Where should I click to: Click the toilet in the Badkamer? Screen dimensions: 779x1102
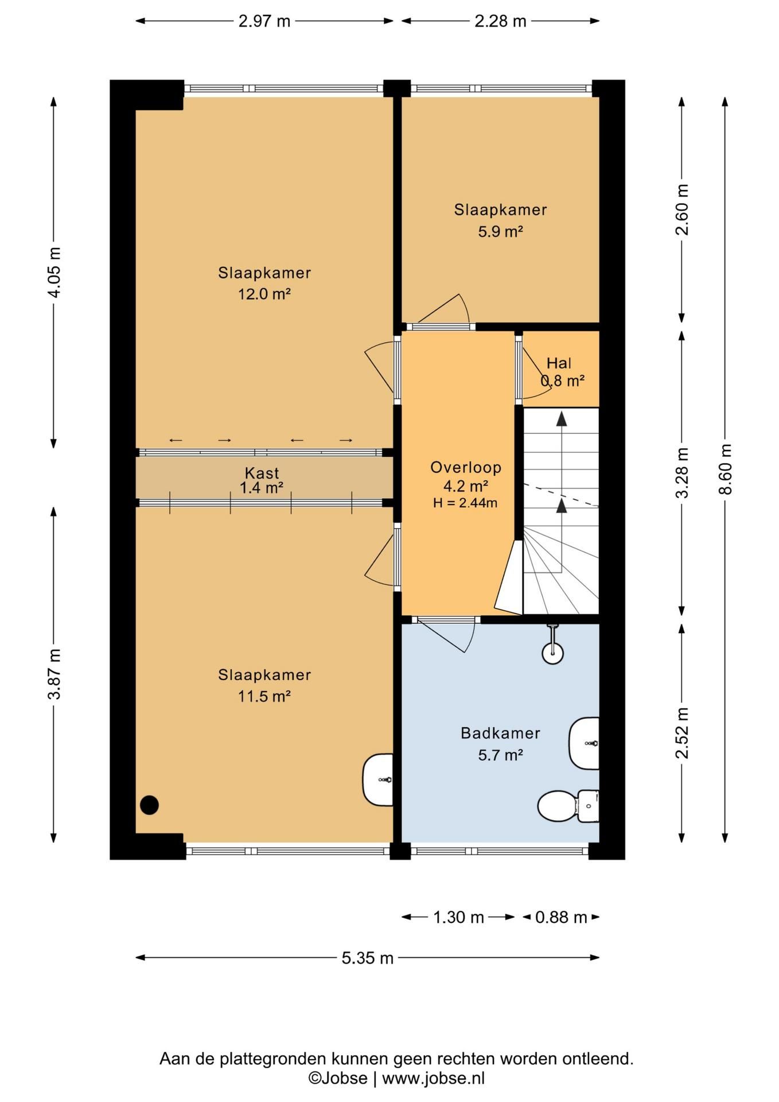pyautogui.click(x=568, y=806)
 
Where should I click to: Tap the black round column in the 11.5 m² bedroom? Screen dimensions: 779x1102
pyautogui.click(x=149, y=805)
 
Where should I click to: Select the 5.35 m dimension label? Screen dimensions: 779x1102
pyautogui.click(x=368, y=958)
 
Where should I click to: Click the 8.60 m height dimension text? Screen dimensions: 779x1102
pyautogui.click(x=725, y=469)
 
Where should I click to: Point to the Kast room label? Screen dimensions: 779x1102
pyautogui.click(x=262, y=473)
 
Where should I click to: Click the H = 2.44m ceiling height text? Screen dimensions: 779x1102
pyautogui.click(x=465, y=503)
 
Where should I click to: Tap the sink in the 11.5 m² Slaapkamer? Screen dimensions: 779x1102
pyautogui.click(x=378, y=779)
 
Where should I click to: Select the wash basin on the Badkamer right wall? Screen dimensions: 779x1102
pyautogui.click(x=584, y=743)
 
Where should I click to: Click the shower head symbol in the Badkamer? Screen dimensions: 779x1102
pyautogui.click(x=553, y=645)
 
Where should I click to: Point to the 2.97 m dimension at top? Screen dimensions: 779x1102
pyautogui.click(x=264, y=21)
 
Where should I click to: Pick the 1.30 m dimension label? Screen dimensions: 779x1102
pyautogui.click(x=458, y=917)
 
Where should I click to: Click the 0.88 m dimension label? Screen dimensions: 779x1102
pyautogui.click(x=561, y=917)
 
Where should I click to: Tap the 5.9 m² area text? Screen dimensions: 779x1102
pyautogui.click(x=500, y=231)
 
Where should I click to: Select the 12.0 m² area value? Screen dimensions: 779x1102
pyautogui.click(x=264, y=294)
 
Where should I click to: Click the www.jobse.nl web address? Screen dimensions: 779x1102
pyautogui.click(x=433, y=1078)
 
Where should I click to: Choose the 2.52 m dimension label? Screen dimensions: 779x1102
pyautogui.click(x=681, y=733)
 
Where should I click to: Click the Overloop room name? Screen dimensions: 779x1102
pyautogui.click(x=466, y=467)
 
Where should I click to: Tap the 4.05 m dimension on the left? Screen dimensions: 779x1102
pyautogui.click(x=54, y=272)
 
